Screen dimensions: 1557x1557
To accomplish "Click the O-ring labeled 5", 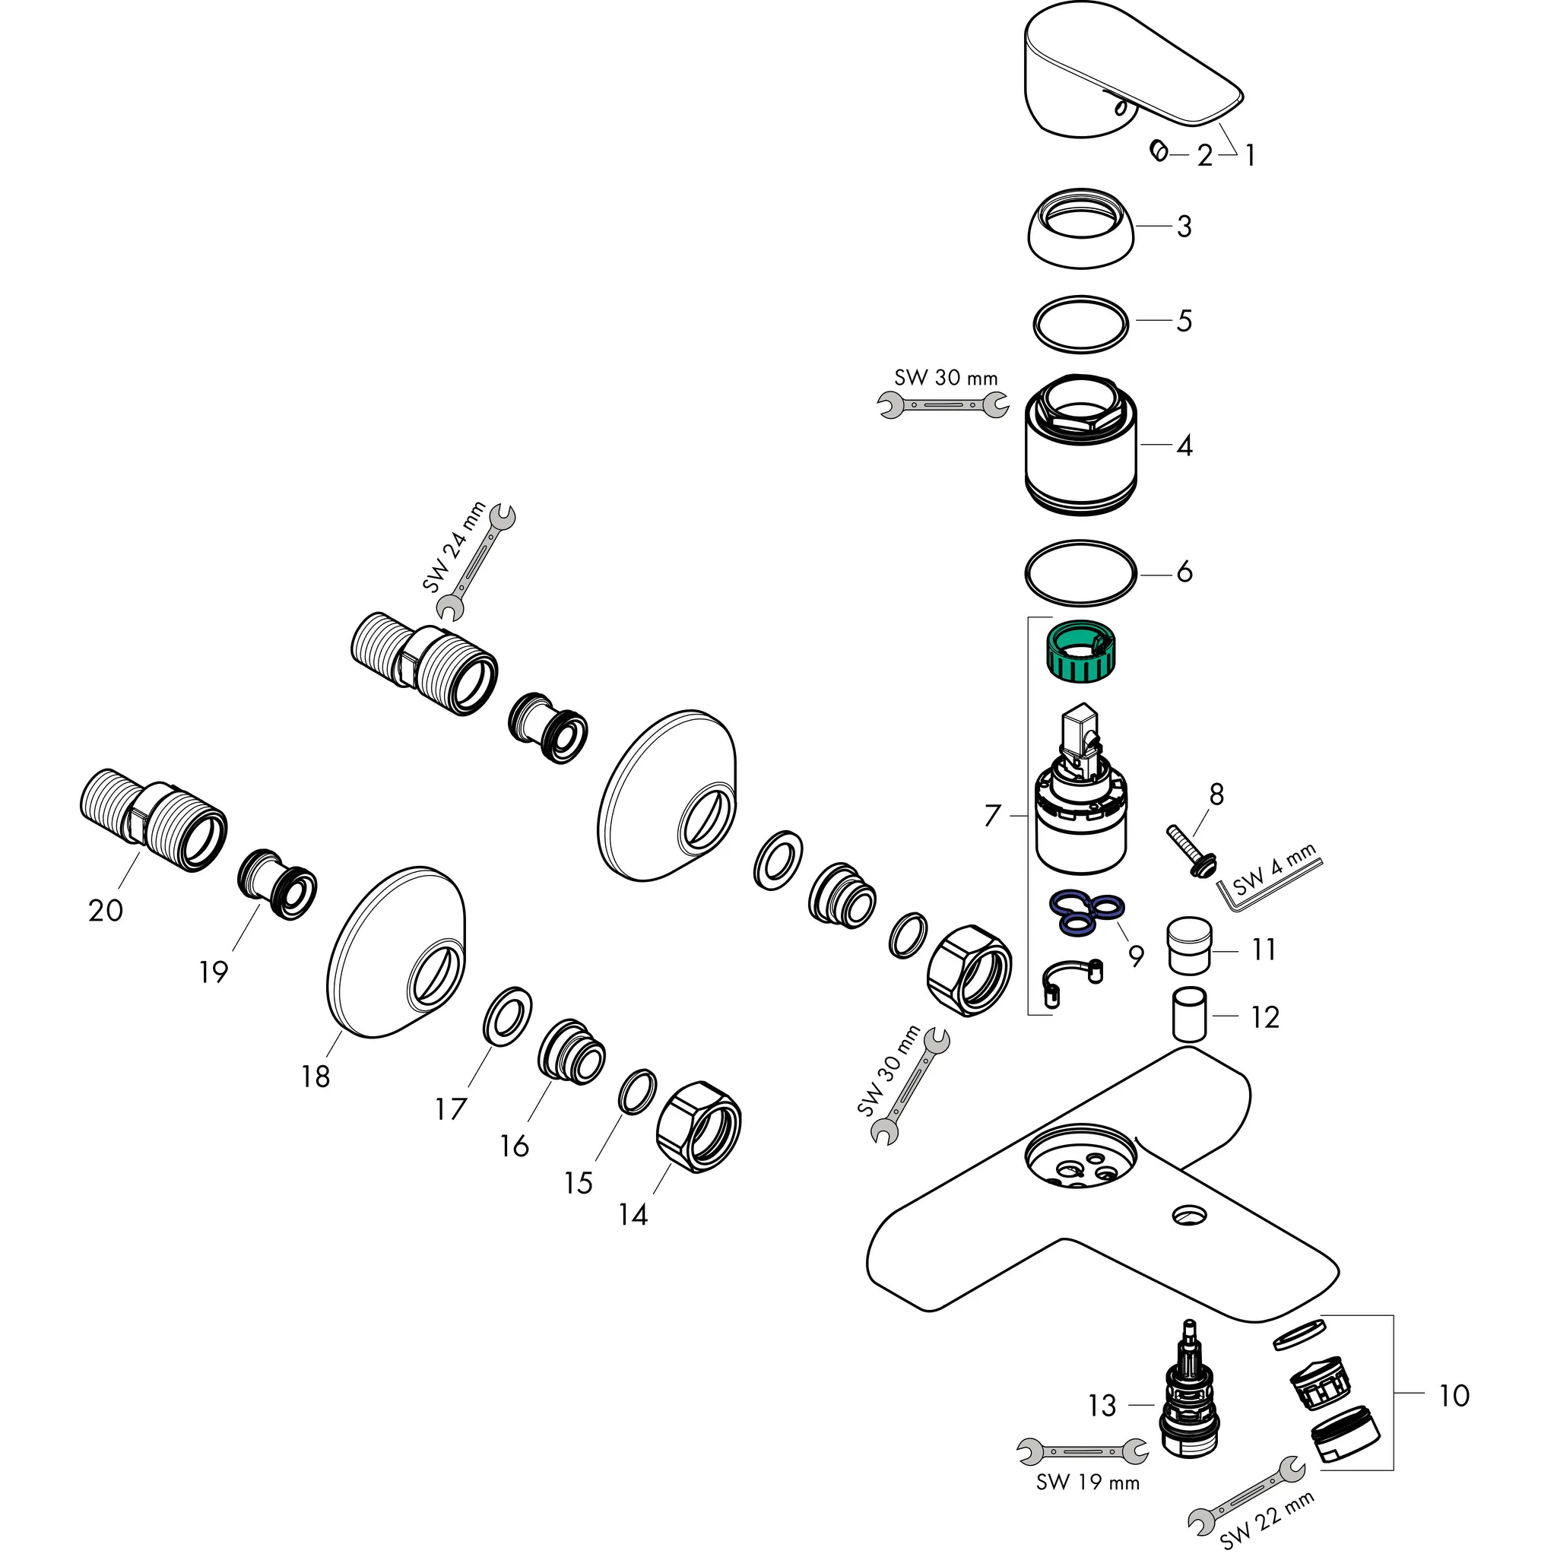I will [1080, 323].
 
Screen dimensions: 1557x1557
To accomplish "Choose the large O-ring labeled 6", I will [1080, 573].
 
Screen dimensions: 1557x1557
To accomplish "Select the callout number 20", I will [106, 911].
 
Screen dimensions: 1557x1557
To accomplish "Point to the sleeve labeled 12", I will [1189, 1014].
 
